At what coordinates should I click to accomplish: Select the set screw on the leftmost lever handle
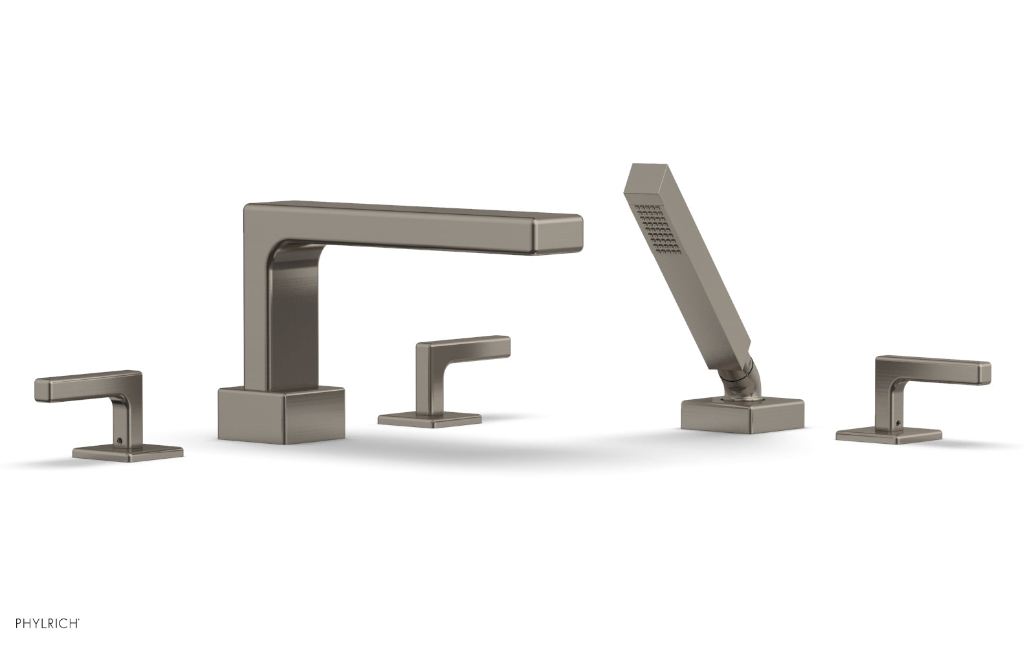pos(119,443)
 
